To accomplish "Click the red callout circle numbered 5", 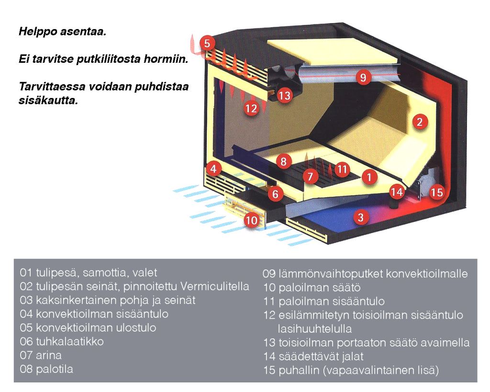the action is click(207, 44).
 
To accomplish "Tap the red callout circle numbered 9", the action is click(363, 77).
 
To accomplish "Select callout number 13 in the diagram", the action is click(284, 95).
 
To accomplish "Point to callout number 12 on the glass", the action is click(251, 109).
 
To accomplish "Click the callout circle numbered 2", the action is click(420, 122).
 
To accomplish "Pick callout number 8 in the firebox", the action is click(284, 161).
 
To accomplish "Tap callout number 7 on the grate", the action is click(310, 177).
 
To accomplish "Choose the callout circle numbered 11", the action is click(342, 169).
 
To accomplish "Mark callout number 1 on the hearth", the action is click(369, 177).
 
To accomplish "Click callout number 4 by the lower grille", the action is click(213, 169).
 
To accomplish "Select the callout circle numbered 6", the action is click(275, 194).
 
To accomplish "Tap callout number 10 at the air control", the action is click(251, 220).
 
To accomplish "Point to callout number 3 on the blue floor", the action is click(361, 217).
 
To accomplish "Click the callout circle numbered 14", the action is click(397, 191).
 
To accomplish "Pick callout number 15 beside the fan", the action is click(436, 192).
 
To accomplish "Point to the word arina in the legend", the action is click(49, 356).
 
